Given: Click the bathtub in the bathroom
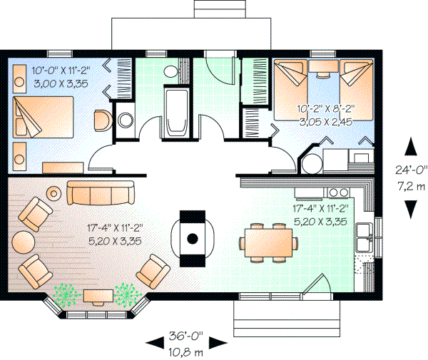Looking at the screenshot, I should pos(175,111).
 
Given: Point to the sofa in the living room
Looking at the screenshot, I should pos(101,192).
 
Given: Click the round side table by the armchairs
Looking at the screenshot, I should pos(23,240).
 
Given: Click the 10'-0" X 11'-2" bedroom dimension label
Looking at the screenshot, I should pos(61,71).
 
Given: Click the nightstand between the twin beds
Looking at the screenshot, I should pos(325,67).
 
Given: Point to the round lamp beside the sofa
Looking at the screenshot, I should pos(54,192).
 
